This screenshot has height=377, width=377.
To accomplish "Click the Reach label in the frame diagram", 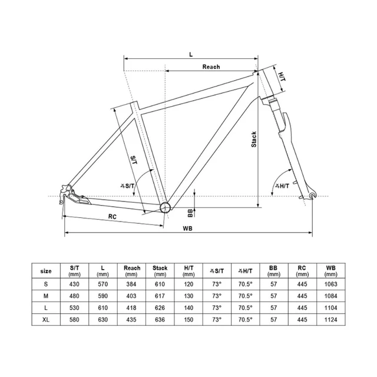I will pos(211,67).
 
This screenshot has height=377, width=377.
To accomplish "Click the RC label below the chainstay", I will pos(112,216).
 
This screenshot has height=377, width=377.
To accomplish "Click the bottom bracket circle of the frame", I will pos(166,207).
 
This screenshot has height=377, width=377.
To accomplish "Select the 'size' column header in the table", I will pos(46,271).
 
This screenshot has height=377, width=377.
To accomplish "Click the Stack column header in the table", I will pos(160,271).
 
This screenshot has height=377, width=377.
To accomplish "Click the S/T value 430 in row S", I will pos(74,284).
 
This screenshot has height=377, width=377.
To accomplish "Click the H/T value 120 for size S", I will pos(188,284).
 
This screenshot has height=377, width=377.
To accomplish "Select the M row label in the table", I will pos(46,296).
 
